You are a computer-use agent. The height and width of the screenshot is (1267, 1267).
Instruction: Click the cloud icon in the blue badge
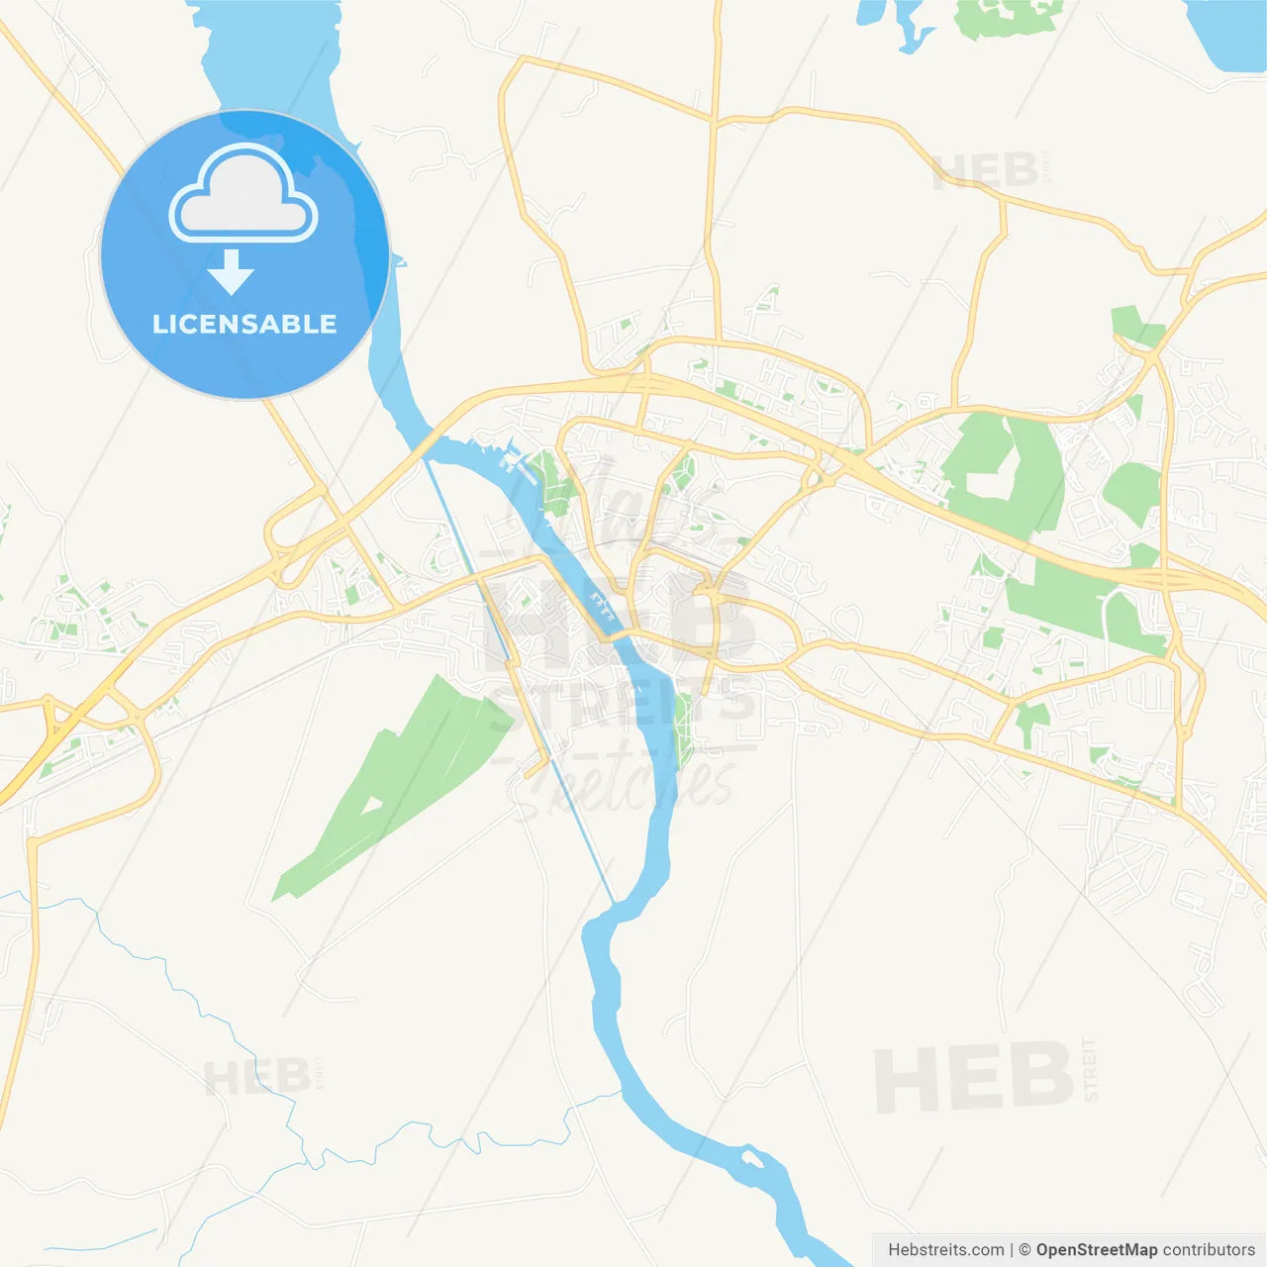(x=244, y=196)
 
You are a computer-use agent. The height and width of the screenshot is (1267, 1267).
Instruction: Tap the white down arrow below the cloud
(x=231, y=272)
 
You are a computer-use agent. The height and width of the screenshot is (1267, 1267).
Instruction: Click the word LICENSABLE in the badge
(x=244, y=324)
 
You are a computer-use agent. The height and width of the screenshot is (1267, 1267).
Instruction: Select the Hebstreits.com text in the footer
(x=945, y=1250)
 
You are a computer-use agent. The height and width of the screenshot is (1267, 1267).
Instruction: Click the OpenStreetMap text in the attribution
(x=1096, y=1250)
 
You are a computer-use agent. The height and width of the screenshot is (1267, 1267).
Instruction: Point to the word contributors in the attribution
(x=1209, y=1250)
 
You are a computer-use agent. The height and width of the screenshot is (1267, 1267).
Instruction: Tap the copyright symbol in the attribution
(x=1024, y=1250)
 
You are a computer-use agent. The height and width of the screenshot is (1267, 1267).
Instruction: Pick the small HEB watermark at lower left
(x=256, y=1077)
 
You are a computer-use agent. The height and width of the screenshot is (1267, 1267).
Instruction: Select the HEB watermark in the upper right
(x=985, y=171)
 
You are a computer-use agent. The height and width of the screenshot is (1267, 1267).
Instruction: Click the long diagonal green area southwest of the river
(x=396, y=782)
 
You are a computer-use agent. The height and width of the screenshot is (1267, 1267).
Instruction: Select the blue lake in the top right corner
(x=1227, y=35)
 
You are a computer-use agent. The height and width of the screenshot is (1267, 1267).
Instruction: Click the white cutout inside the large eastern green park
(x=990, y=482)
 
